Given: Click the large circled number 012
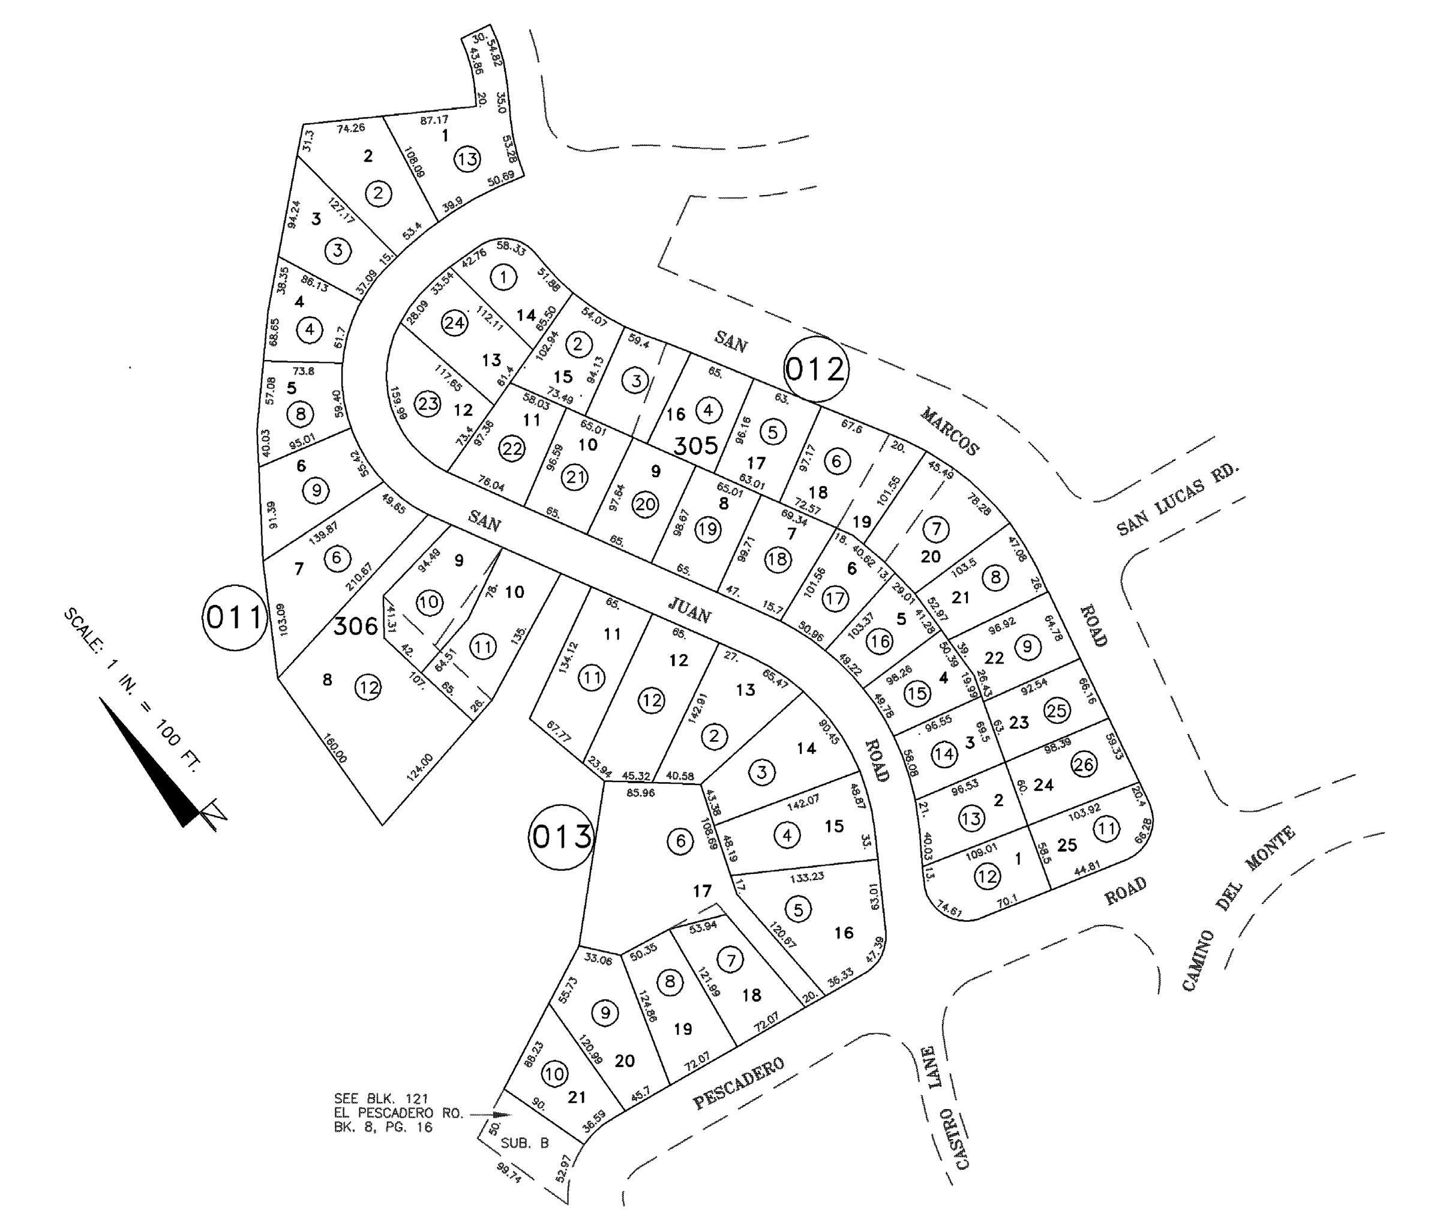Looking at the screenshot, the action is tap(816, 369).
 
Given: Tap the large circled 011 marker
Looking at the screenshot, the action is tap(235, 616).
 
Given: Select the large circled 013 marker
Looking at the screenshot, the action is tap(562, 837).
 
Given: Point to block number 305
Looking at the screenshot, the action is tap(695, 445).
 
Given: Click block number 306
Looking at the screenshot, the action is tap(356, 626).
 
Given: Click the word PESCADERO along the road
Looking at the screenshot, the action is tap(739, 1083).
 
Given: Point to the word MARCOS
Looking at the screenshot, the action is tap(950, 432).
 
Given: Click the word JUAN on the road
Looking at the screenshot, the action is tap(689, 609).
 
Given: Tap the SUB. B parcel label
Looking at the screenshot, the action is tap(525, 1143).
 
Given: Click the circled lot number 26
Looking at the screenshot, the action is tap(1084, 765).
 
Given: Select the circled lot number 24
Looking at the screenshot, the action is tap(454, 324).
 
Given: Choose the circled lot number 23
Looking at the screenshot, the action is tap(427, 403).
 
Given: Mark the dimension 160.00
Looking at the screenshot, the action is tap(335, 748).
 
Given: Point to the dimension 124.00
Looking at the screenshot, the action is tap(419, 768).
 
